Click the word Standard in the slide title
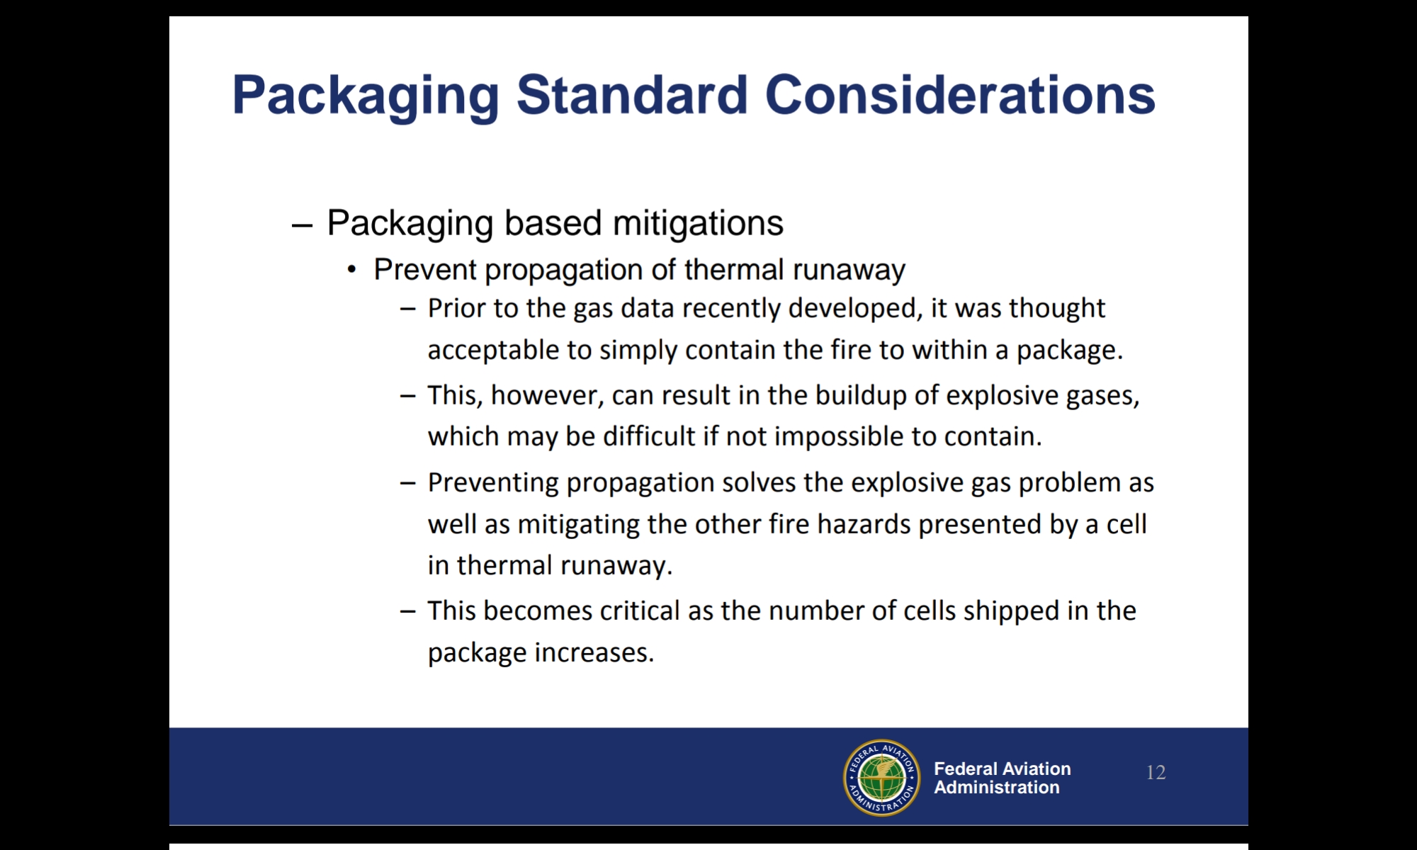point(632,94)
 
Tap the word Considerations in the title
point(960,94)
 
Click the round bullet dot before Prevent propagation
point(352,271)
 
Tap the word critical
point(640,611)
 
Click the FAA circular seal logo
point(881,777)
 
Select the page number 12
point(1156,772)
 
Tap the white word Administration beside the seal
point(996,788)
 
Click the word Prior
point(456,309)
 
